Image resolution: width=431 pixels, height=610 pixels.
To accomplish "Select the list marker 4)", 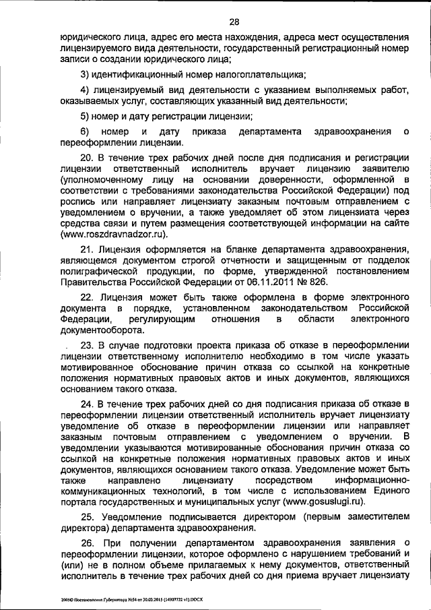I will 85,90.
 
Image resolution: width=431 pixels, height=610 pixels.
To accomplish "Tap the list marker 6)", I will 85,130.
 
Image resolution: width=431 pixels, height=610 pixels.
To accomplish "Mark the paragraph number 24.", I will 87,404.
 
